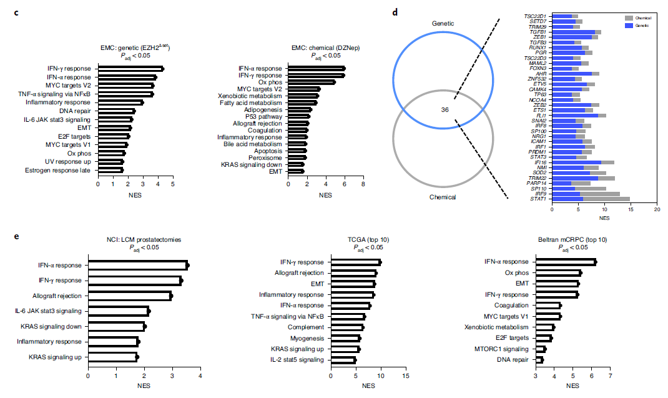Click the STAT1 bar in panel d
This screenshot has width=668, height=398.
591,199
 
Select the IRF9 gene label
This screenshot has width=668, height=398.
540,194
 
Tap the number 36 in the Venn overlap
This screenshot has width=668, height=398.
445,109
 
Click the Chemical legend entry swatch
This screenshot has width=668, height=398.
628,18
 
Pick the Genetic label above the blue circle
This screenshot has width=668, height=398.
443,24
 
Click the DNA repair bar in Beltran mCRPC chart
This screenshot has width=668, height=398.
539,360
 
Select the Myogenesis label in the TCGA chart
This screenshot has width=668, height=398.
307,338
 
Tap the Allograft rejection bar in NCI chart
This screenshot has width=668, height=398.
129,295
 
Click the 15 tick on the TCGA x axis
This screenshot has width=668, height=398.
406,377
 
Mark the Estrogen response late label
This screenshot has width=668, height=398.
58,170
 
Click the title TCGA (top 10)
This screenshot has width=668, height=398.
368,240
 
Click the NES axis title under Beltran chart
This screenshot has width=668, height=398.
572,386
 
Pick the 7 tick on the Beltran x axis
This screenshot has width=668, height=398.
610,377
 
